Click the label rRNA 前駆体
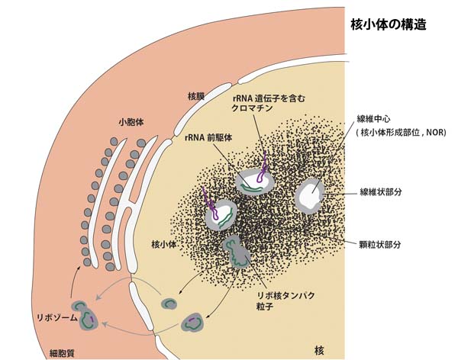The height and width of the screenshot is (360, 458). pyautogui.click(x=208, y=137)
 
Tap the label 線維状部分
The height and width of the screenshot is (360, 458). pyautogui.click(x=380, y=192)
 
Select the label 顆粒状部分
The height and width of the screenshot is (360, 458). pyautogui.click(x=380, y=244)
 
